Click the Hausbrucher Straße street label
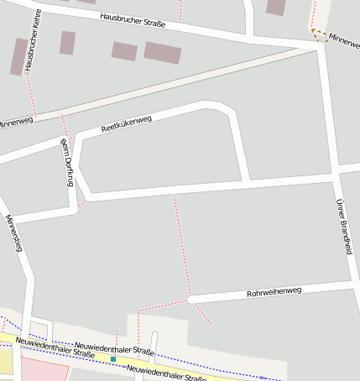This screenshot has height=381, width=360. pyautogui.click(x=133, y=20)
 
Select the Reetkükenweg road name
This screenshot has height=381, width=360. pyautogui.click(x=126, y=124)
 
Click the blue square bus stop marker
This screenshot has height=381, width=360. pyautogui.click(x=113, y=359)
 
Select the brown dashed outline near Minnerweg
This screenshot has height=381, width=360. pyautogui.click(x=319, y=34)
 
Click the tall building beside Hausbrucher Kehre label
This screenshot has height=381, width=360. pyautogui.click(x=18, y=56)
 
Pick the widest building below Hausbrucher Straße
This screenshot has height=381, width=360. pyautogui.click(x=162, y=53)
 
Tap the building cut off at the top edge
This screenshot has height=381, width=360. pyautogui.click(x=275, y=7)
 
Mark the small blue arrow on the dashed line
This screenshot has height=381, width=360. pyautogui.click(x=262, y=378)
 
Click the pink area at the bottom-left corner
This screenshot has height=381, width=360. pyautogui.click(x=38, y=369)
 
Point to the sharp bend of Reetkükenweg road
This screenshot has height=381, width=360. pyautogui.click(x=227, y=109)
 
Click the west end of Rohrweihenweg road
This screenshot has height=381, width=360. pyautogui.click(x=192, y=298)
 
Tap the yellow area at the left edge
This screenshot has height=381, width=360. pyautogui.click(x=5, y=359)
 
